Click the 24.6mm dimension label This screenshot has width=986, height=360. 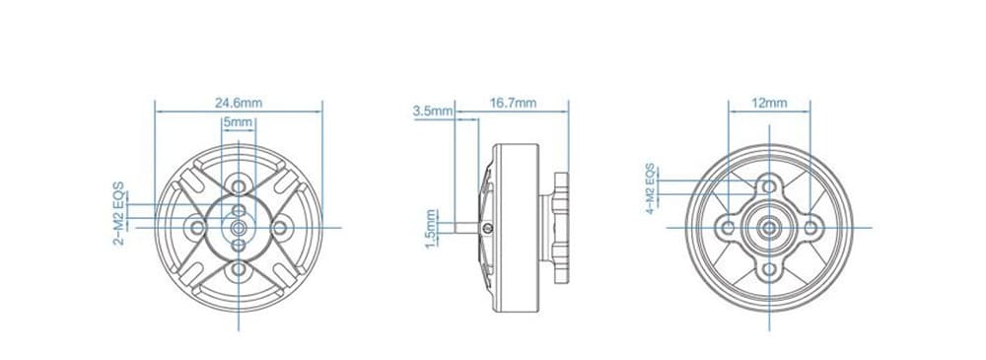[239, 104]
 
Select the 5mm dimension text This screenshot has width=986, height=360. [238, 122]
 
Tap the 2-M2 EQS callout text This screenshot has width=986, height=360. [119, 213]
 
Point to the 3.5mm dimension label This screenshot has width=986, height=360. [433, 111]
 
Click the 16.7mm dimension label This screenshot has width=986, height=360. [513, 104]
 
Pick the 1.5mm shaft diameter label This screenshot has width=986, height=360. [431, 229]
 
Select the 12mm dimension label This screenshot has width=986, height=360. [769, 104]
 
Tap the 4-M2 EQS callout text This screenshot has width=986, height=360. [651, 188]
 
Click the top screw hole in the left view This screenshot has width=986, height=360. [239, 186]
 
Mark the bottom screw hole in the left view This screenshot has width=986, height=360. [239, 270]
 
